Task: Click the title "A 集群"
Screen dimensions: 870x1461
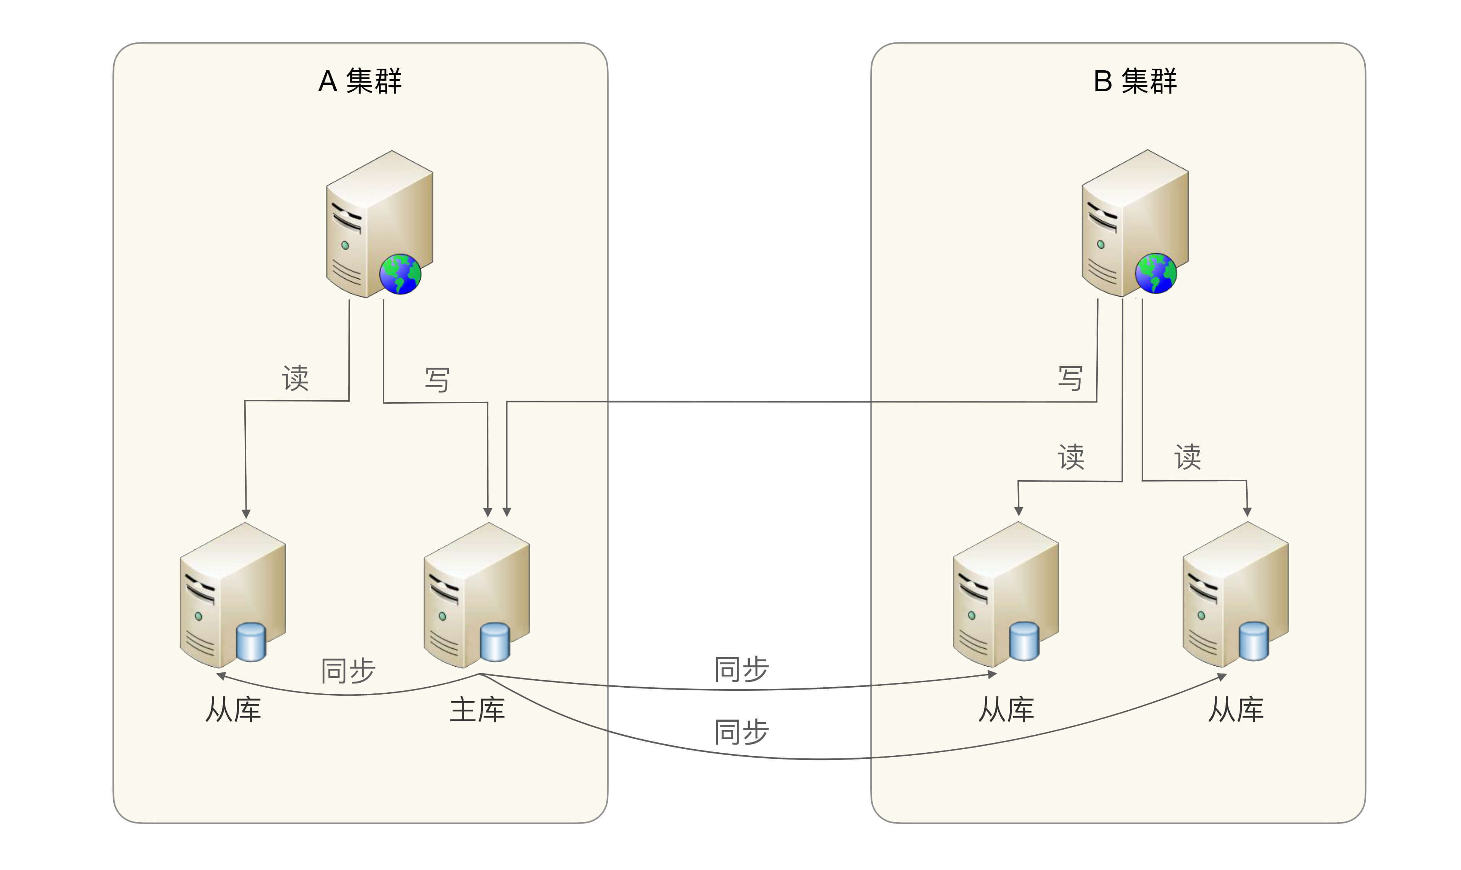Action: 359,81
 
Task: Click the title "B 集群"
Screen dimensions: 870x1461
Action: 1134,81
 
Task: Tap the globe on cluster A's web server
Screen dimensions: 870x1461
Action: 400,274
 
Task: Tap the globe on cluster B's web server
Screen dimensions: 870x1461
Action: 1155,273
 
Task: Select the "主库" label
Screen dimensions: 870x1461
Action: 477,710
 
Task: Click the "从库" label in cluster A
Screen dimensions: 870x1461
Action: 233,710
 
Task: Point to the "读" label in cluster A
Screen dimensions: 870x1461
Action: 295,378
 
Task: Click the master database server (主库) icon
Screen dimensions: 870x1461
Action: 476,595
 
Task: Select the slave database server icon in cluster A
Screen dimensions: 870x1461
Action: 232,595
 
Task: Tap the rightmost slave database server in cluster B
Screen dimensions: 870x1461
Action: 1235,594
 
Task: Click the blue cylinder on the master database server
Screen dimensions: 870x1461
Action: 495,643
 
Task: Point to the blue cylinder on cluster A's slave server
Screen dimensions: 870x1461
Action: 251,643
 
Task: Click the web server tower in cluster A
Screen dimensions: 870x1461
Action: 379,224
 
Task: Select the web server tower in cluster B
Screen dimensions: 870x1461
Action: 1134,223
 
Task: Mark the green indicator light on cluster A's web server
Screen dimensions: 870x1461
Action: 345,245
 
